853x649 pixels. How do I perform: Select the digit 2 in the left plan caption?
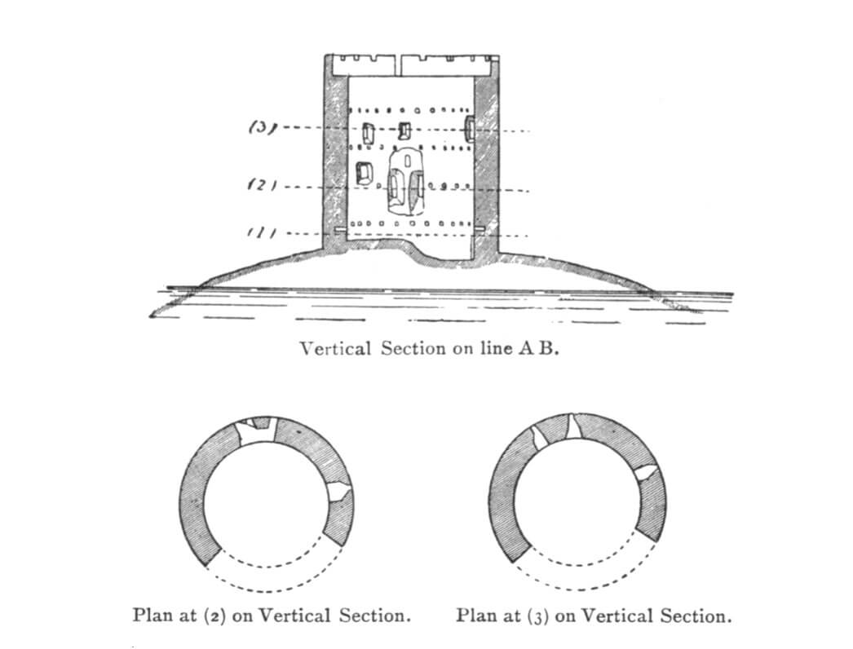click(214, 617)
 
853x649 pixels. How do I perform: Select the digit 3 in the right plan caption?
click(537, 618)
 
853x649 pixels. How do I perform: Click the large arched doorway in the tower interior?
click(404, 179)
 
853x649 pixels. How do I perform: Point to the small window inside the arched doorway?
click(406, 161)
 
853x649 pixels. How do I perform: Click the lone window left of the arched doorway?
click(364, 173)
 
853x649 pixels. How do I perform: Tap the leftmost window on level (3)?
click(369, 132)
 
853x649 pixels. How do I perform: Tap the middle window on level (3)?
click(404, 130)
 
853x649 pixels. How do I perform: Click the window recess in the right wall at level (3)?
click(470, 128)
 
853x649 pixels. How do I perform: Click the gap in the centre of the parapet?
click(399, 64)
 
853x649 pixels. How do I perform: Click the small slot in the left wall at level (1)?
click(339, 231)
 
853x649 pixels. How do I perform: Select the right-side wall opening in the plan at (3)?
click(647, 472)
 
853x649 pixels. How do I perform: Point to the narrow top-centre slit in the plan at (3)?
click(572, 426)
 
